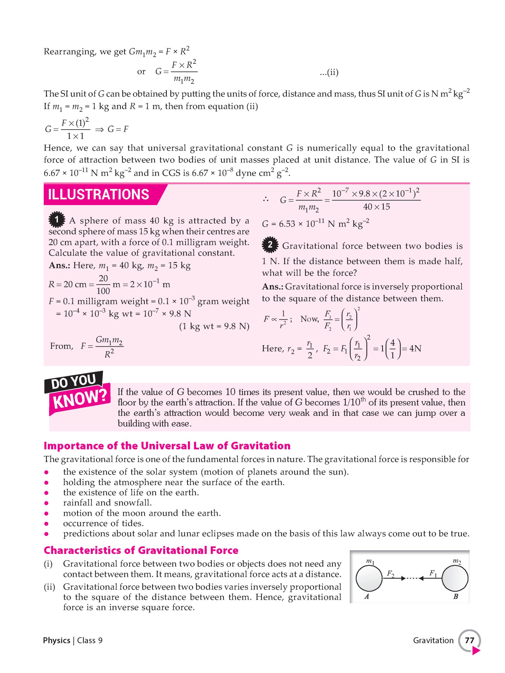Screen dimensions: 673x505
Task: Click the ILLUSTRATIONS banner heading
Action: coord(98,195)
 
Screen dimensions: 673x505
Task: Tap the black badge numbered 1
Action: coord(57,220)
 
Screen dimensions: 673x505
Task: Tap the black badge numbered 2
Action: coord(270,244)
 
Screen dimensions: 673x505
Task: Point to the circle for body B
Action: coord(455,578)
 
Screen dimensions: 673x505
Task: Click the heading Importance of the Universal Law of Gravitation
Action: coord(167,446)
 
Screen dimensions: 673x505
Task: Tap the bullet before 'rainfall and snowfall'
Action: coord(46,503)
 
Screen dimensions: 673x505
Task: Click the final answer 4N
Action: coord(415,348)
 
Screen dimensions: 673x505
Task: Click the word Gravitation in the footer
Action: coord(433,640)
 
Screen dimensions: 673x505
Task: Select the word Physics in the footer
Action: coord(57,640)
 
